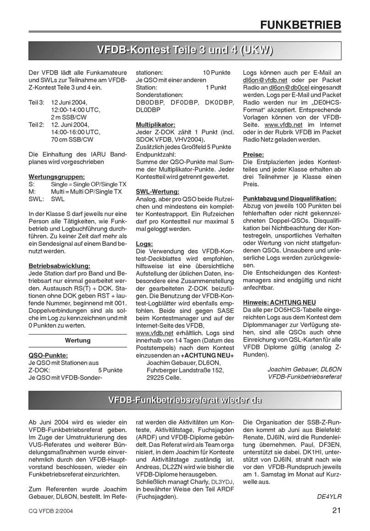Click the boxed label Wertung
(x=77, y=340)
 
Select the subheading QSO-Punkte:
(x=48, y=355)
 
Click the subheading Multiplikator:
(x=155, y=125)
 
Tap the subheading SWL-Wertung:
(x=157, y=191)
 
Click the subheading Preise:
(x=253, y=155)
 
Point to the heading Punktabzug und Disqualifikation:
(x=290, y=199)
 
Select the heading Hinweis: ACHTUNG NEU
(x=279, y=303)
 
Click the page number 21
(x=337, y=510)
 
